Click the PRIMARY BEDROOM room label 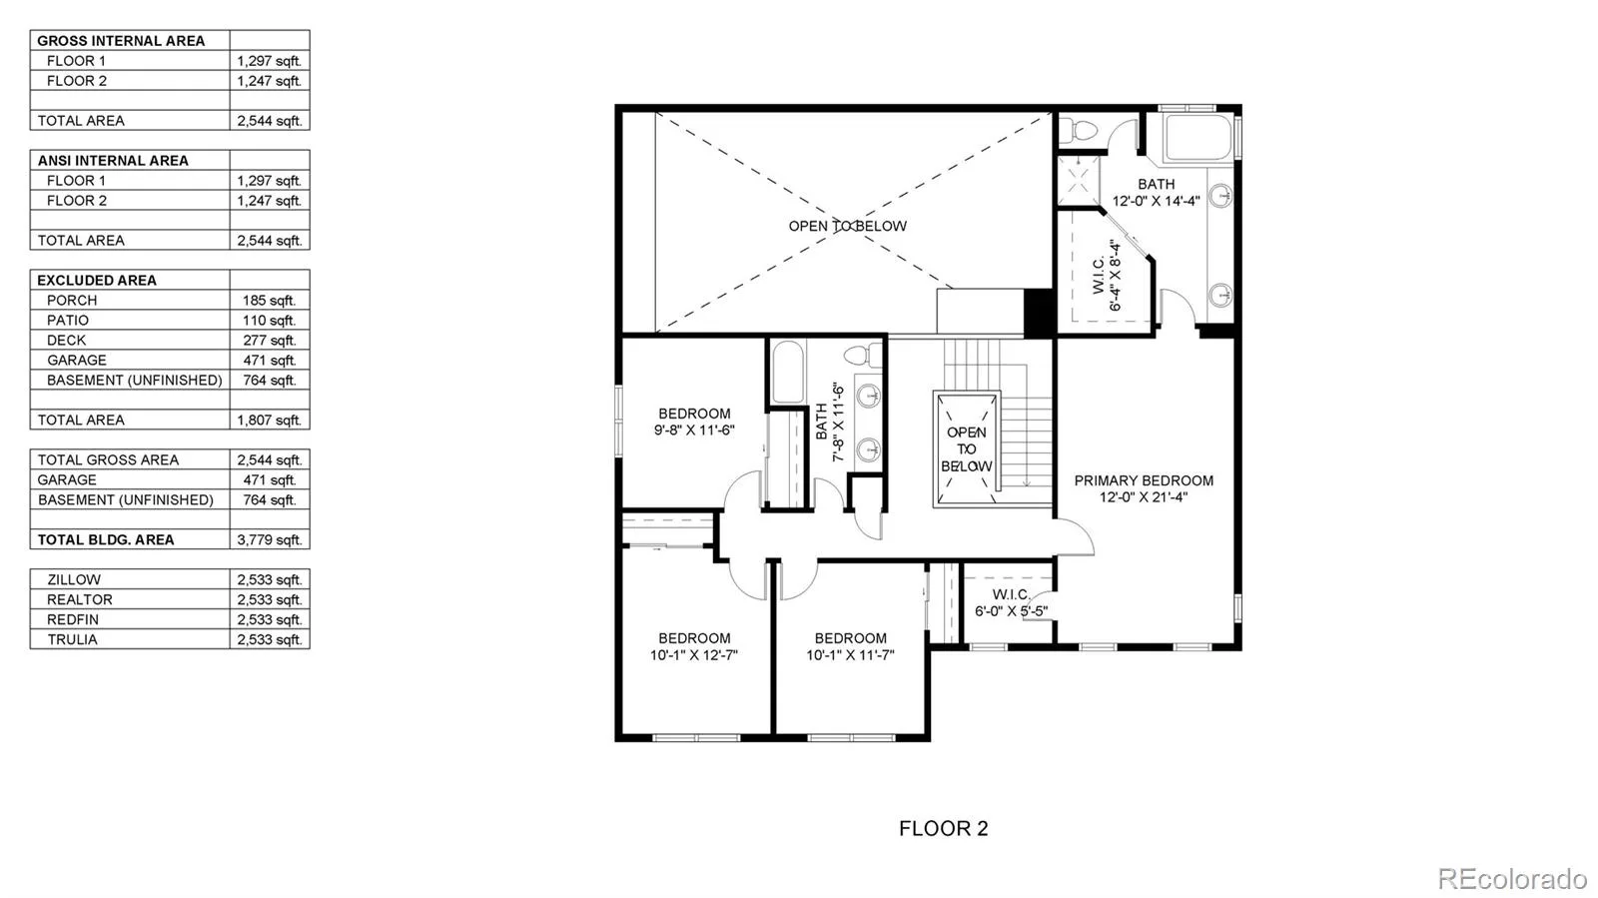click(1144, 480)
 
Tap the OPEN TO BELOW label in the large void click(848, 226)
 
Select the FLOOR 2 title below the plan click(943, 828)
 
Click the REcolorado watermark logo click(1512, 877)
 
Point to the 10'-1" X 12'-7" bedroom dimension click(693, 655)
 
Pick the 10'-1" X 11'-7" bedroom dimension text click(850, 655)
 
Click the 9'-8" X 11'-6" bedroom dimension click(694, 431)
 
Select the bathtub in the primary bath click(1198, 137)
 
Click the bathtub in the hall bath click(788, 372)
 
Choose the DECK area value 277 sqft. click(269, 341)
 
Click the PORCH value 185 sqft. click(269, 301)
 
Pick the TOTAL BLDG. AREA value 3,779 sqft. click(270, 540)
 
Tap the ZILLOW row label click(74, 580)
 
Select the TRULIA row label click(72, 640)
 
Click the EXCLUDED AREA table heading click(96, 281)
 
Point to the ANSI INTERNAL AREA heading click(113, 161)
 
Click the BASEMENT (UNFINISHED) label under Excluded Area click(134, 381)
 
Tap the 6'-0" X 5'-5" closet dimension click(1011, 611)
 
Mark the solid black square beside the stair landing click(1040, 312)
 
